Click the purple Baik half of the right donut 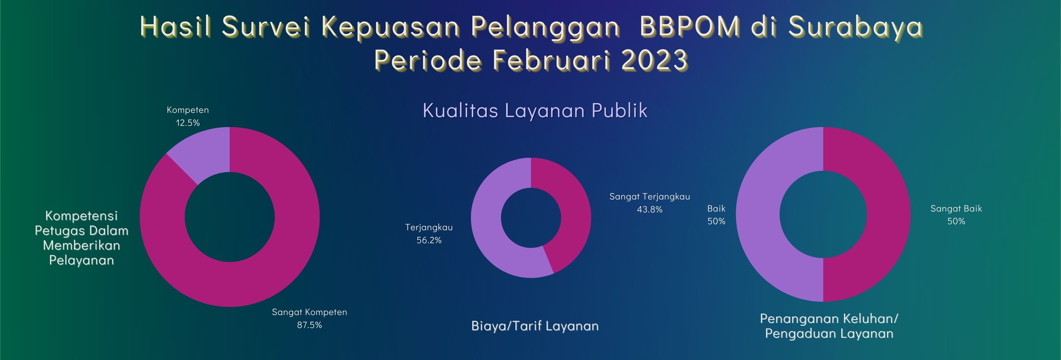click(758, 214)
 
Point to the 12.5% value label click(188, 123)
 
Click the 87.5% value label click(309, 325)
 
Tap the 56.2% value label click(429, 240)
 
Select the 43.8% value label click(650, 209)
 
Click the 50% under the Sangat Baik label click(956, 221)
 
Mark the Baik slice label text click(716, 209)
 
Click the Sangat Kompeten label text click(309, 312)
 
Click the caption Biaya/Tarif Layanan click(535, 326)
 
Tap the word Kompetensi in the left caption click(81, 216)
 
